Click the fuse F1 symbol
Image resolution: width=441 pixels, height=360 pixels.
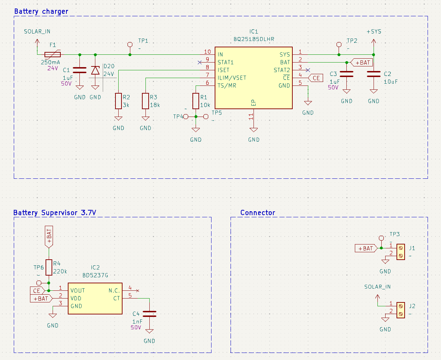[53, 55]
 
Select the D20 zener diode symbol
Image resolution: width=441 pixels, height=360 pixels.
[95, 71]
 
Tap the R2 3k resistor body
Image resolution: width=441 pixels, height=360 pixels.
[118, 101]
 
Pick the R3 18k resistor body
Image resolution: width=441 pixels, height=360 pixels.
[145, 101]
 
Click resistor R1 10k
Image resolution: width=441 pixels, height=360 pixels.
[196, 101]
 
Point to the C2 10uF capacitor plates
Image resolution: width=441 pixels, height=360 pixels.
[374, 74]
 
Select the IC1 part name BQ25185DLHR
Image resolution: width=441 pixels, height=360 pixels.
[254, 39]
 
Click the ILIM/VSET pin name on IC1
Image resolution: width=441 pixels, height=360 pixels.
[232, 78]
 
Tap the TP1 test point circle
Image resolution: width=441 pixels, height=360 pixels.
[130, 45]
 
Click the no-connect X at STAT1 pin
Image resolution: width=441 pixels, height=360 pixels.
[200, 62]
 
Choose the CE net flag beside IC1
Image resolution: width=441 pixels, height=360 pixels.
[316, 78]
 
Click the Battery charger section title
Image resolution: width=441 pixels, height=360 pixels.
[41, 11]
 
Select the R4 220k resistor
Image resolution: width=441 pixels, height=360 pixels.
[49, 267]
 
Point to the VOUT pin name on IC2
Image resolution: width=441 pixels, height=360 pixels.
[78, 290]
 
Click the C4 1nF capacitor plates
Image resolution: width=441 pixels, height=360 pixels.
[149, 314]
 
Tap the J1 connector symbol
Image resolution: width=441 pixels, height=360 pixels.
[401, 252]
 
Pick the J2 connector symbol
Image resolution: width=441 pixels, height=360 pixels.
[401, 310]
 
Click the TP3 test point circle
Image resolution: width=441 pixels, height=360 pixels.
[381, 238]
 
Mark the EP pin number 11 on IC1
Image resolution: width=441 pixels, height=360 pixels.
[251, 117]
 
